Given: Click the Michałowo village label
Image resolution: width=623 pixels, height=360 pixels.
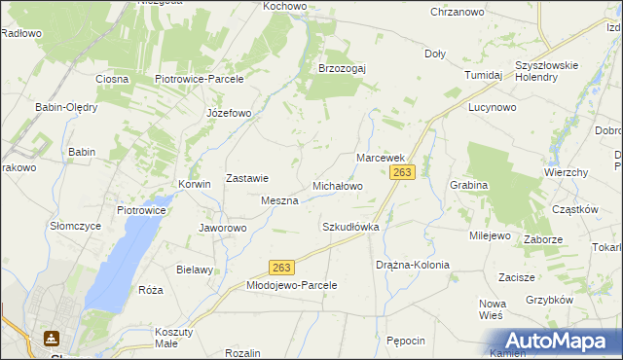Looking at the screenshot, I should (x=337, y=185).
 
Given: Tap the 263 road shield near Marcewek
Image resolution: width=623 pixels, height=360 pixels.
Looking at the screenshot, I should (x=403, y=172).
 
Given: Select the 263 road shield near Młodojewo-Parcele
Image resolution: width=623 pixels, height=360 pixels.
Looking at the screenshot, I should (x=282, y=268).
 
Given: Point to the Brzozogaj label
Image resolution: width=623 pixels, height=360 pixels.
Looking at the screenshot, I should (x=342, y=68).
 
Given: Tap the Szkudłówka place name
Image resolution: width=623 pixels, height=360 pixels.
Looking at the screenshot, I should (x=349, y=226).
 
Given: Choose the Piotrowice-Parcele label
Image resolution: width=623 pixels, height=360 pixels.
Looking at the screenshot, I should (x=199, y=79).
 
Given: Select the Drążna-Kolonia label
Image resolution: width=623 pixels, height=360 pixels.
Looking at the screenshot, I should (x=413, y=265).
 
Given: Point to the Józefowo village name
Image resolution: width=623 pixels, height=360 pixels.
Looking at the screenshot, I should (x=229, y=113).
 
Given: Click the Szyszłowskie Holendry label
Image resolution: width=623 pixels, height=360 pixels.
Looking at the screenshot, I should (x=547, y=71).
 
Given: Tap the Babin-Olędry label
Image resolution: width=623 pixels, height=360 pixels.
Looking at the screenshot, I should (x=67, y=107).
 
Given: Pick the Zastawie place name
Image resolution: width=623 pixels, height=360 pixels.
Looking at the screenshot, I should (x=247, y=178).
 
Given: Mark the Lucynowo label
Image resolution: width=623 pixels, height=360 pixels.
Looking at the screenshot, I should (x=491, y=107).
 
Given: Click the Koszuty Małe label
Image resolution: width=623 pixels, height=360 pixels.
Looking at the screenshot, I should (x=174, y=337).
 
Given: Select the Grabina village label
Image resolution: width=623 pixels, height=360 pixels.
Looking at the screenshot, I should (x=468, y=184).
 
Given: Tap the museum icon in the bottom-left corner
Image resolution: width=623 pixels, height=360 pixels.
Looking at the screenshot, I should (x=51, y=339).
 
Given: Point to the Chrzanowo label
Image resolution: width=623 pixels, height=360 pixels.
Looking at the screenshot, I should (x=458, y=12).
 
